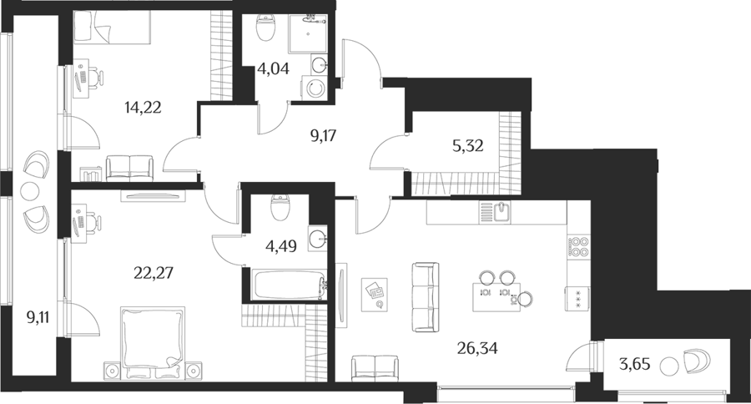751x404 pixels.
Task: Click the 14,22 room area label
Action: (x=143, y=108)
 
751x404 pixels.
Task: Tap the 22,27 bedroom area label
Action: (x=153, y=273)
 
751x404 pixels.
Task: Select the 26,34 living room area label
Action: (x=477, y=348)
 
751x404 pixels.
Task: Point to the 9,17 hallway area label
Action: (x=323, y=136)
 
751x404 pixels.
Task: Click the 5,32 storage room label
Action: (x=467, y=146)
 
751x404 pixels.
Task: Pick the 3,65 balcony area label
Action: (x=635, y=365)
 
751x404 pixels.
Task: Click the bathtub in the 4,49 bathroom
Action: (x=289, y=284)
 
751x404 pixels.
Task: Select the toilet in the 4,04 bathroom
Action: (x=266, y=28)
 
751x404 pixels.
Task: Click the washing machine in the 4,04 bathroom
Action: (x=314, y=88)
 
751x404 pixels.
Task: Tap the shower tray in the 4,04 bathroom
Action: (x=308, y=33)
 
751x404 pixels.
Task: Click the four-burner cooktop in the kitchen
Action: (x=578, y=247)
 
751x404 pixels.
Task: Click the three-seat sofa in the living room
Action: (x=426, y=297)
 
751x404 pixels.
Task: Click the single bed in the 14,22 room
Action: (x=113, y=28)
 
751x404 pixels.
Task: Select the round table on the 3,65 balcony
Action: (x=669, y=367)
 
